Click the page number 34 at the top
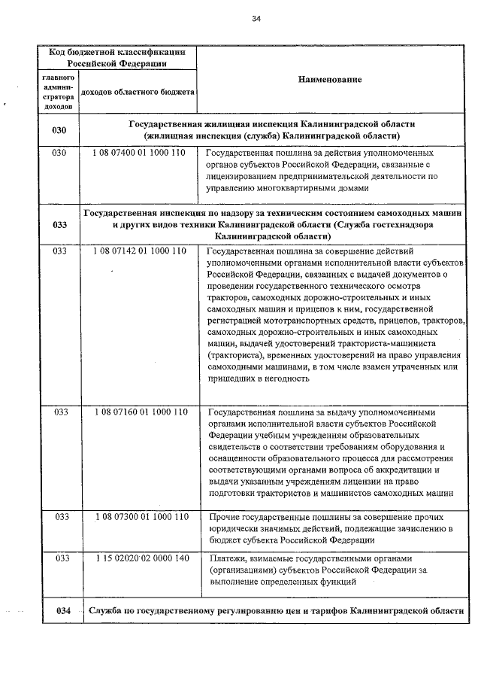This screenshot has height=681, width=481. [256, 18]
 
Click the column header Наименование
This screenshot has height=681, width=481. [330, 79]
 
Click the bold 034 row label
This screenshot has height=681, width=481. [62, 610]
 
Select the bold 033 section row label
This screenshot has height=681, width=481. [60, 224]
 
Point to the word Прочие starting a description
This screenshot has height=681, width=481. [224, 517]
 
